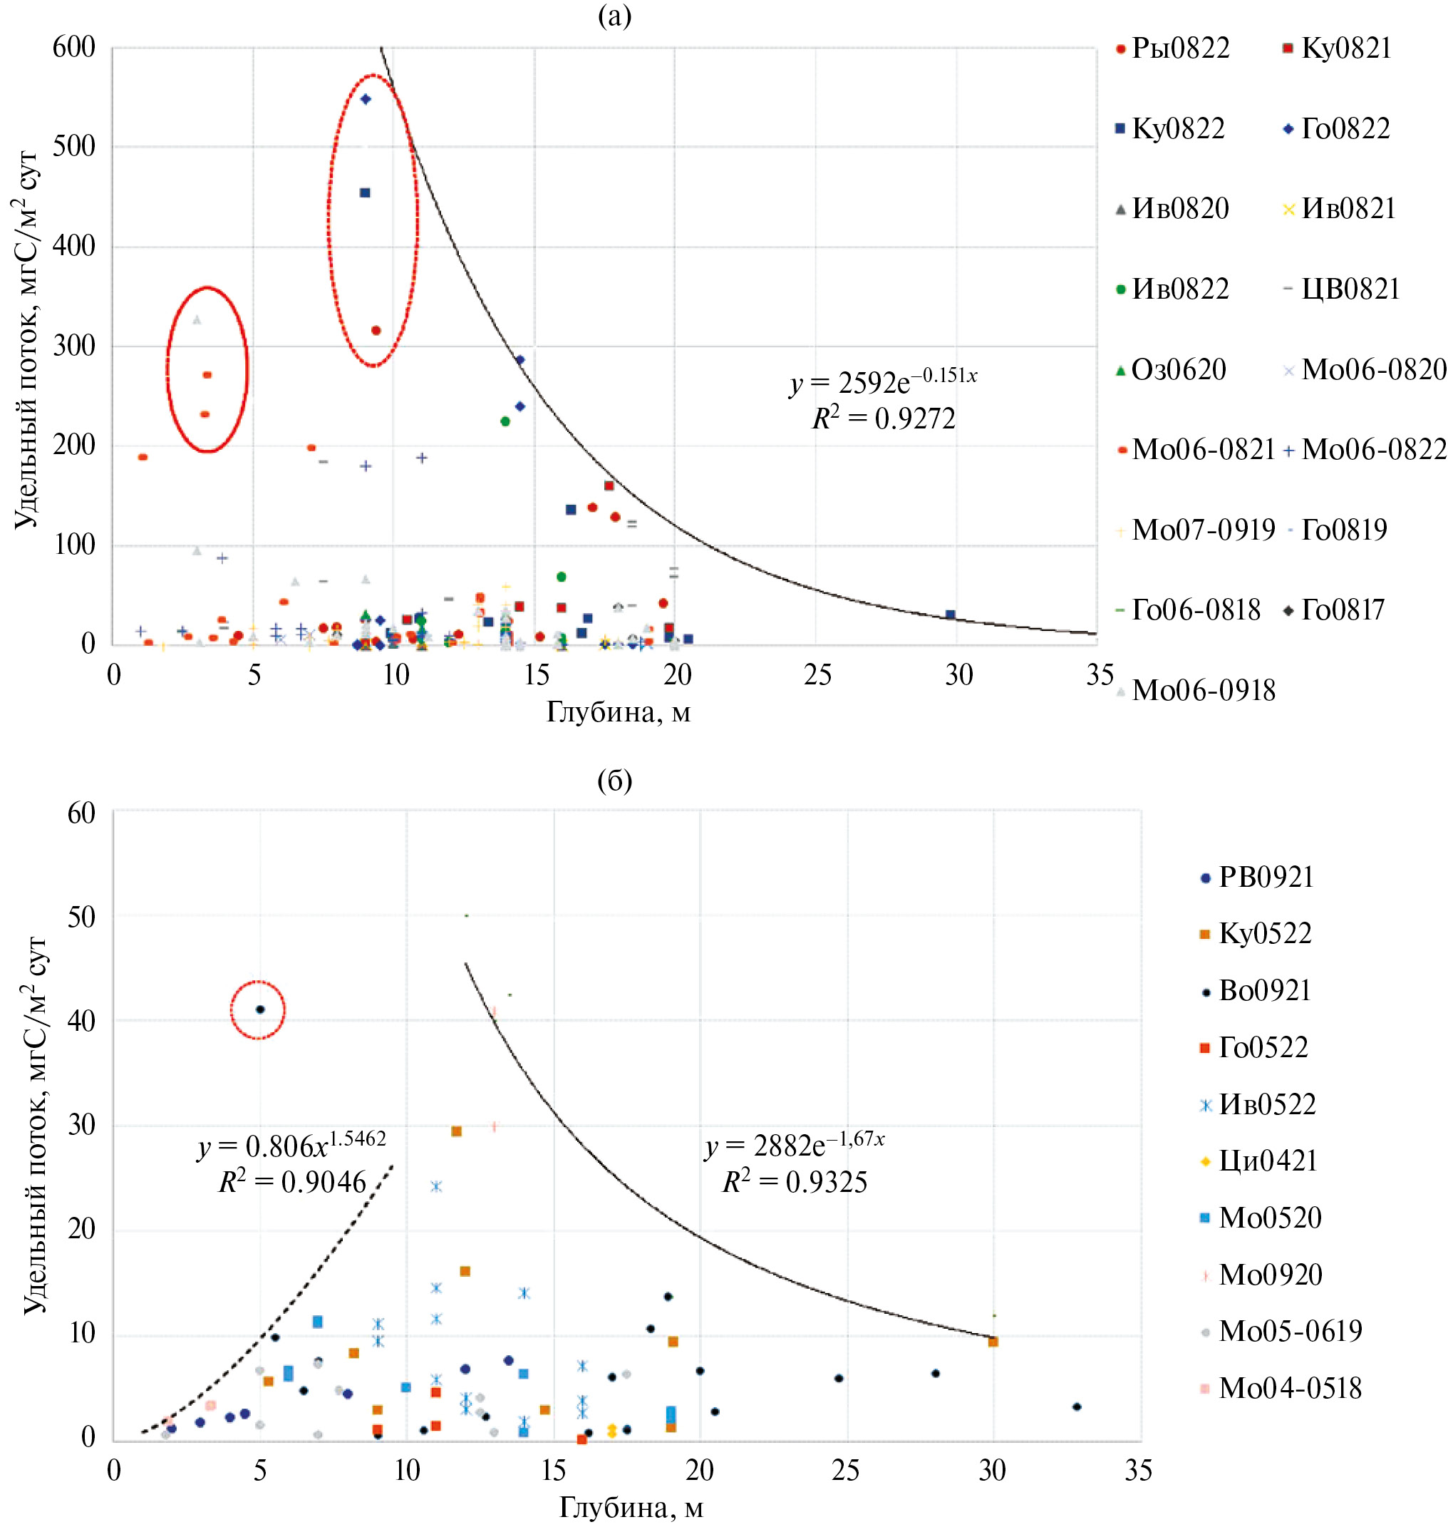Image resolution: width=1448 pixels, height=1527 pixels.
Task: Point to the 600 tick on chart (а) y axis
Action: (x=74, y=48)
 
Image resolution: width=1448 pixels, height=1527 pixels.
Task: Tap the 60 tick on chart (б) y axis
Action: (x=82, y=813)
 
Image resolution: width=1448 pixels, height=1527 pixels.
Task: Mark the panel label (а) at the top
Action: (x=614, y=16)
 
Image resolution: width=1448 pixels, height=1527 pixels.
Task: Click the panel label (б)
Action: (x=614, y=781)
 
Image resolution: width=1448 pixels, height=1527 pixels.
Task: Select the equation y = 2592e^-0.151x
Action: (x=883, y=380)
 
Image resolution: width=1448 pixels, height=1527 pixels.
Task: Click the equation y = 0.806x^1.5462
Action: (x=291, y=1145)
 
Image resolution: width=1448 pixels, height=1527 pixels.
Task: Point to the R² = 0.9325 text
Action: (x=795, y=1182)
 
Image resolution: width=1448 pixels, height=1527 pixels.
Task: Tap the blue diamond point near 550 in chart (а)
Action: (x=366, y=100)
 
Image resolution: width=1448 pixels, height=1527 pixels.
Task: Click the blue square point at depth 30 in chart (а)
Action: (x=950, y=615)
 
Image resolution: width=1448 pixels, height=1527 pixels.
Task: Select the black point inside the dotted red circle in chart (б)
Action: (x=260, y=1009)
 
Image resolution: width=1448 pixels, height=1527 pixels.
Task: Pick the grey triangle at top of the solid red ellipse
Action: (x=197, y=319)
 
